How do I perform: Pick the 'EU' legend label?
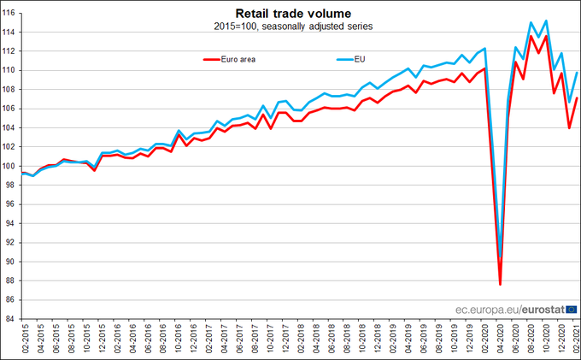pos(359,59)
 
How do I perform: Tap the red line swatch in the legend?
pos(214,59)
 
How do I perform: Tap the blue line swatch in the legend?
pos(340,59)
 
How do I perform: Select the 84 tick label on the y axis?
pos(12,319)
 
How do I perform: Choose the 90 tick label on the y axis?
pos(12,262)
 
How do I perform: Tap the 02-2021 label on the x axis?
pos(577,339)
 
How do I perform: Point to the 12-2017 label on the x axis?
pos(285,339)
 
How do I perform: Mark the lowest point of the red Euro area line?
pos(500,284)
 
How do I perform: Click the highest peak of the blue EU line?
pos(546,21)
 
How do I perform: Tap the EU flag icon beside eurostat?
pos(572,309)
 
